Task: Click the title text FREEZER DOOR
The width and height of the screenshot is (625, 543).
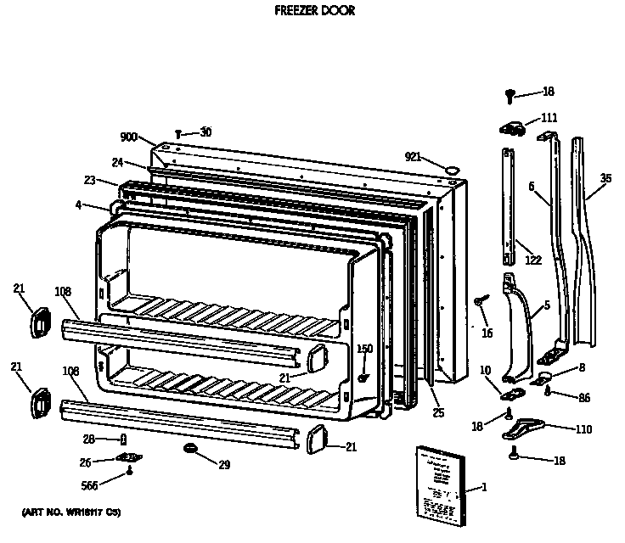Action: pos(314,11)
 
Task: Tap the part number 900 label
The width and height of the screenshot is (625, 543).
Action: pos(128,137)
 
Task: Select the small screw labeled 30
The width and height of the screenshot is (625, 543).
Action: pos(179,133)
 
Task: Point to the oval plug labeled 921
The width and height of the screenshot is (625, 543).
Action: pos(453,170)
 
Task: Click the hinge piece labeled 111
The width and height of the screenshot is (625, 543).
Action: pos(510,127)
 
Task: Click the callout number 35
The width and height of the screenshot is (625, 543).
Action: pos(605,179)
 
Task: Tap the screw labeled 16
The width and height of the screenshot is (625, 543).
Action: pos(481,300)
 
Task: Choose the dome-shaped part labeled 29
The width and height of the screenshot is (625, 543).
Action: pos(189,447)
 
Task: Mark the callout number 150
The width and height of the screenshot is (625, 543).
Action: pos(364,349)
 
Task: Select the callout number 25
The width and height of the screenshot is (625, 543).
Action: pos(437,413)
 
